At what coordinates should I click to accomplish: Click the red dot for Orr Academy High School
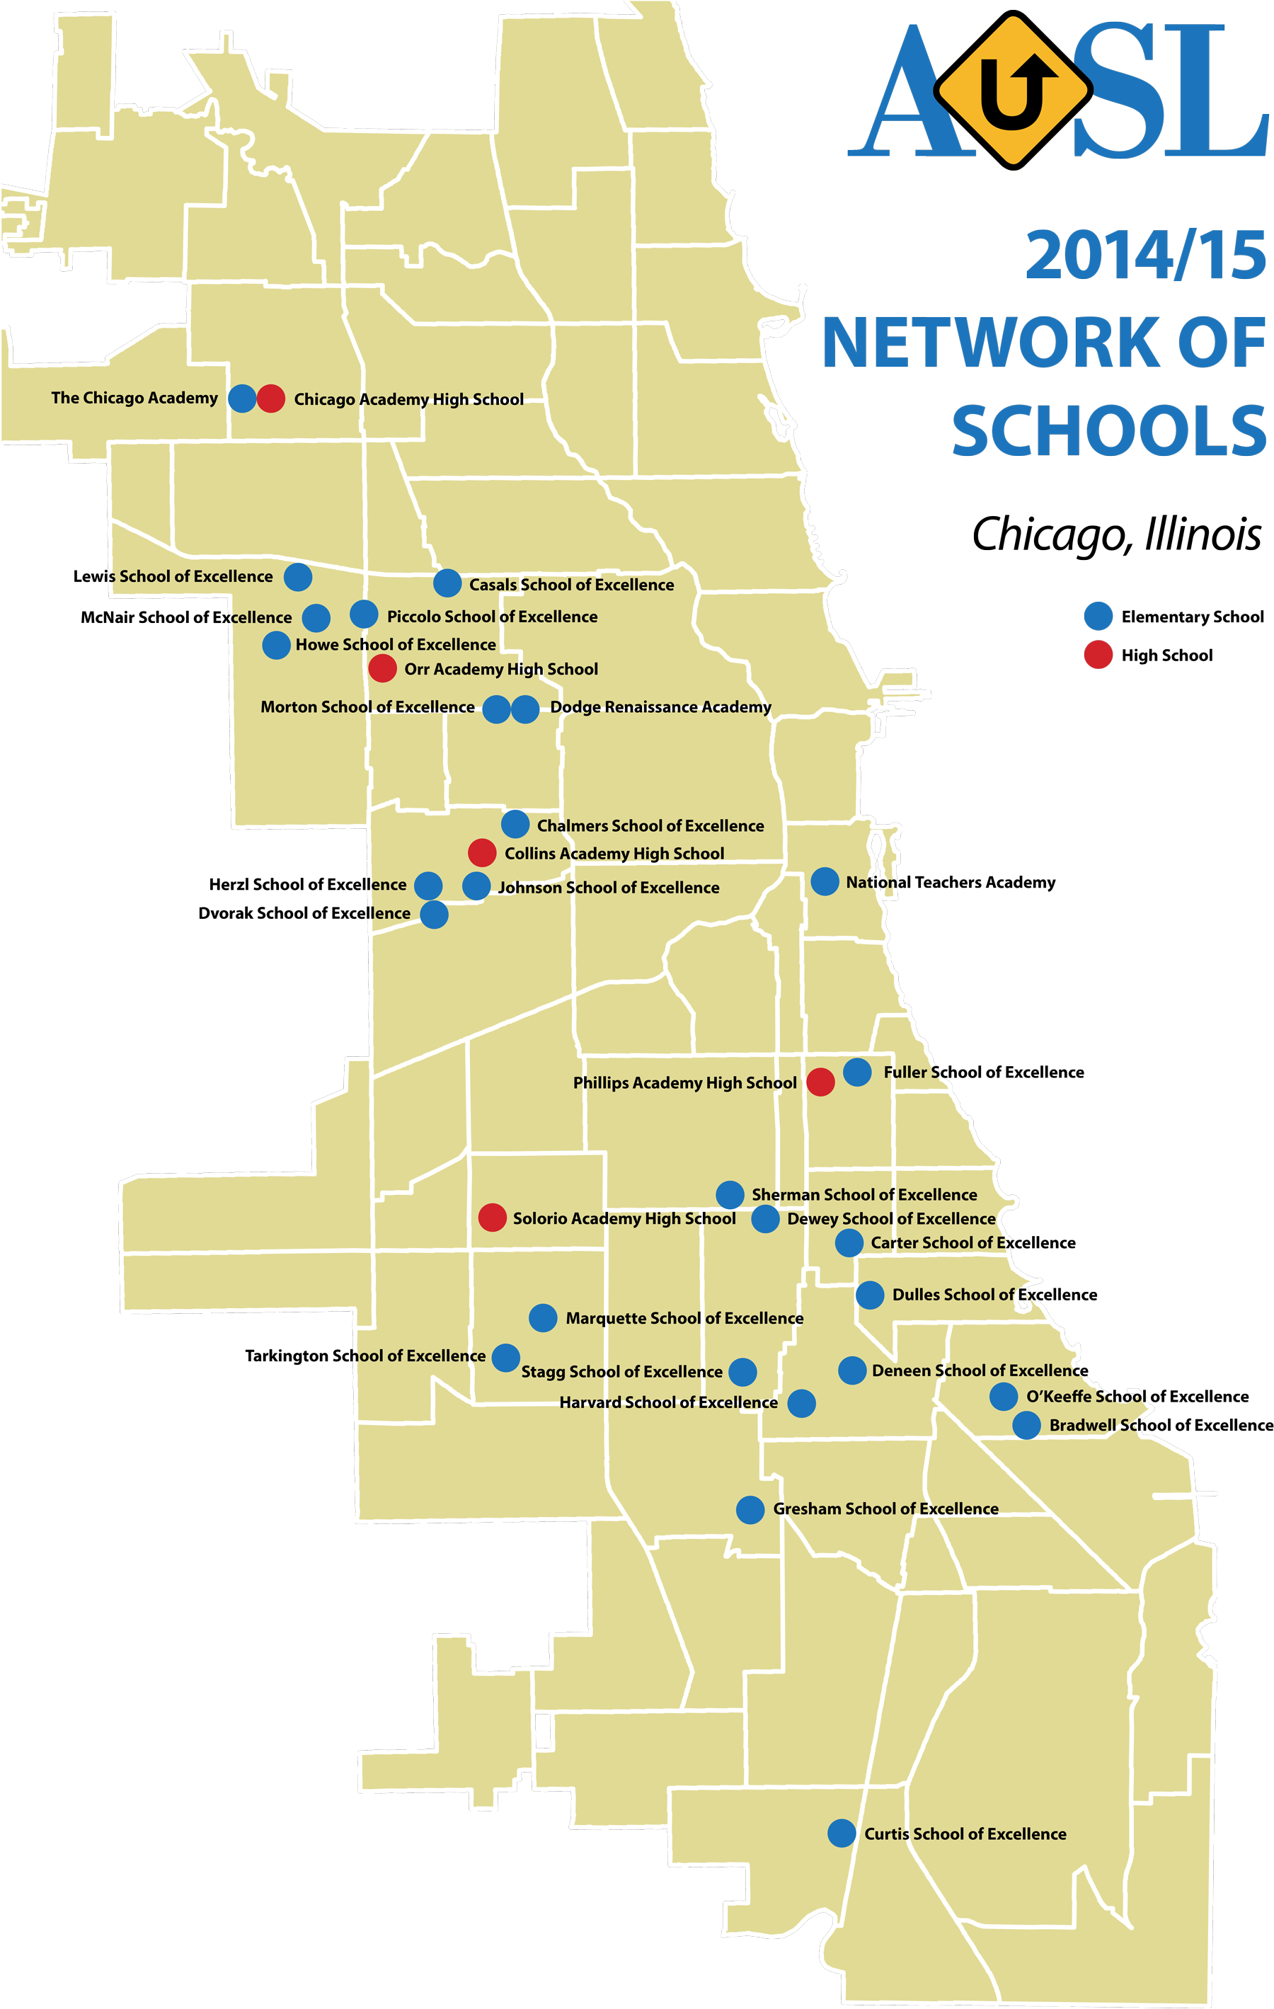pyautogui.click(x=382, y=668)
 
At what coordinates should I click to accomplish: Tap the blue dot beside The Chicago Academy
pyautogui.click(x=242, y=398)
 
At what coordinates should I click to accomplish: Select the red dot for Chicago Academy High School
pyautogui.click(x=270, y=398)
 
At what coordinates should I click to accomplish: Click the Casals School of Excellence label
pyautogui.click(x=570, y=584)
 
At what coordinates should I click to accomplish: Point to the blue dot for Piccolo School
pyautogui.click(x=364, y=614)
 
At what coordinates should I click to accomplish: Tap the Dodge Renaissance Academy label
pyautogui.click(x=660, y=706)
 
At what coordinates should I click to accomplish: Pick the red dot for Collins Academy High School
pyautogui.click(x=481, y=852)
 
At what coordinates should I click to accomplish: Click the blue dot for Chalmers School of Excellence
pyautogui.click(x=515, y=823)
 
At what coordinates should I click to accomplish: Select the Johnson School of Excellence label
pyautogui.click(x=608, y=887)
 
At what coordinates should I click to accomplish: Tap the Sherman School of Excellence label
pyautogui.click(x=863, y=1194)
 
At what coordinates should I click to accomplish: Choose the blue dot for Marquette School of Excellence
pyautogui.click(x=542, y=1317)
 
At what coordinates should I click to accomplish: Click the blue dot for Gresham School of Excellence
pyautogui.click(x=750, y=1509)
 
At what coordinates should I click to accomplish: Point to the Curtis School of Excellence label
pyautogui.click(x=965, y=1833)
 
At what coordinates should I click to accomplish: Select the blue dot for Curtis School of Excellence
pyautogui.click(x=841, y=1832)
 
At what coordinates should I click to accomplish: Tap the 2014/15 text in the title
pyautogui.click(x=1144, y=256)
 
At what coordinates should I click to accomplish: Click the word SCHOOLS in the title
pyautogui.click(x=1109, y=430)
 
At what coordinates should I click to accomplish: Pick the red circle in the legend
pyautogui.click(x=1098, y=654)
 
